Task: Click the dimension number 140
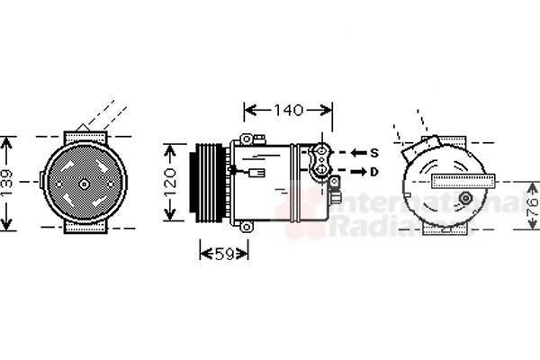pos(288,111)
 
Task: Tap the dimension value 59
pos(228,255)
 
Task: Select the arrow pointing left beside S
pos(356,153)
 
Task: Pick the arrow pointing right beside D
pos(356,171)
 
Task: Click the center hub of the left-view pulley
pos(85,184)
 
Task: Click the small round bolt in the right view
pos(465,198)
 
